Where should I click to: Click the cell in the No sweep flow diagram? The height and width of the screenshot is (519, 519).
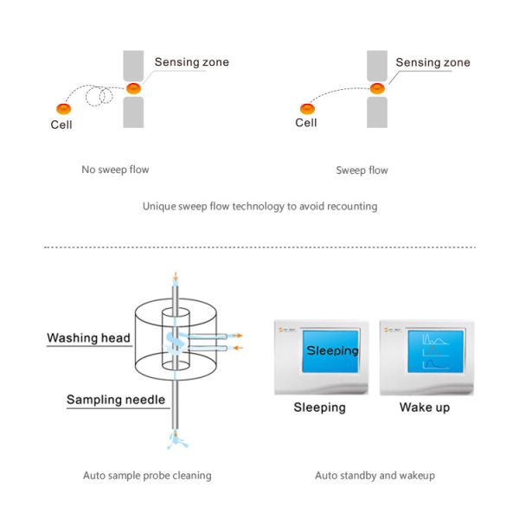tap(63, 108)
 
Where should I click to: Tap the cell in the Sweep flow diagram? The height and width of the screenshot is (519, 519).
tap(306, 108)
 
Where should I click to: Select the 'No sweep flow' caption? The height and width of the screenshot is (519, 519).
tap(115, 170)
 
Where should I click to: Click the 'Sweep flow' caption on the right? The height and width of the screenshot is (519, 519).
tap(362, 170)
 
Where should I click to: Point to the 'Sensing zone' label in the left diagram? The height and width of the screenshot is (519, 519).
tap(191, 62)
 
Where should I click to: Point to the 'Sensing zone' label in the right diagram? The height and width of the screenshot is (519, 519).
tap(432, 62)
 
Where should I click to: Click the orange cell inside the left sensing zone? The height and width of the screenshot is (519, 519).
tap(133, 88)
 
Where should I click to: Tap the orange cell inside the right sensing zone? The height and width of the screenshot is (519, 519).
tap(376, 88)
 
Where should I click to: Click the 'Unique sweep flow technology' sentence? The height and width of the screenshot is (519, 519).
tap(259, 208)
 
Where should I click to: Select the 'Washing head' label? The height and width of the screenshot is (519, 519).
tap(88, 338)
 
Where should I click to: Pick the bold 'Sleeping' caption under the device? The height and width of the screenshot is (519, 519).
tap(319, 407)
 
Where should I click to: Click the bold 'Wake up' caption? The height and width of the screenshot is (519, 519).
tap(425, 407)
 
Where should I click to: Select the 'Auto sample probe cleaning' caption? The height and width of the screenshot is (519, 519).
tap(147, 475)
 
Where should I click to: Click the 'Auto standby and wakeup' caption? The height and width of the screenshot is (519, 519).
tap(375, 475)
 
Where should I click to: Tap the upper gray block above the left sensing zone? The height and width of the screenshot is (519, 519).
tap(133, 66)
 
